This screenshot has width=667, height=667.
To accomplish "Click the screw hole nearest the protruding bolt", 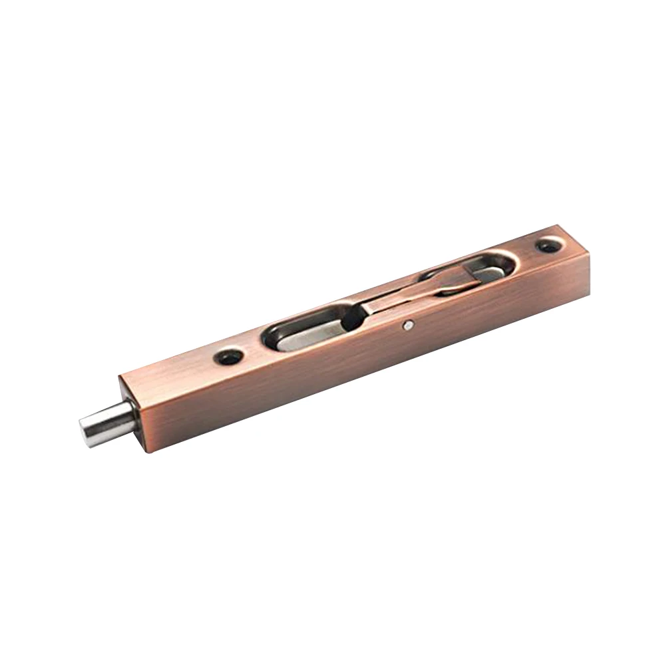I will click(228, 357).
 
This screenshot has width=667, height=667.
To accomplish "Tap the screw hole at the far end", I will click(549, 246).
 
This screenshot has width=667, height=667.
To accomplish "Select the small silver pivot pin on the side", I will click(407, 326).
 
